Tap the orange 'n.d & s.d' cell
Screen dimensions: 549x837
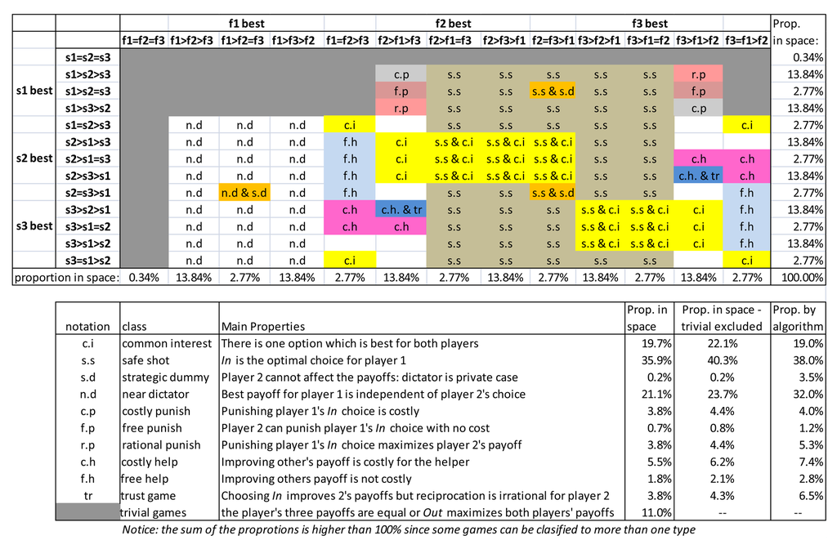pos(244,193)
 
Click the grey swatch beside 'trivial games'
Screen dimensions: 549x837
pos(87,512)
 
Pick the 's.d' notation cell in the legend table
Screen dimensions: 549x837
pos(87,377)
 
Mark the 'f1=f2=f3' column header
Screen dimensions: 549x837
pos(143,40)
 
